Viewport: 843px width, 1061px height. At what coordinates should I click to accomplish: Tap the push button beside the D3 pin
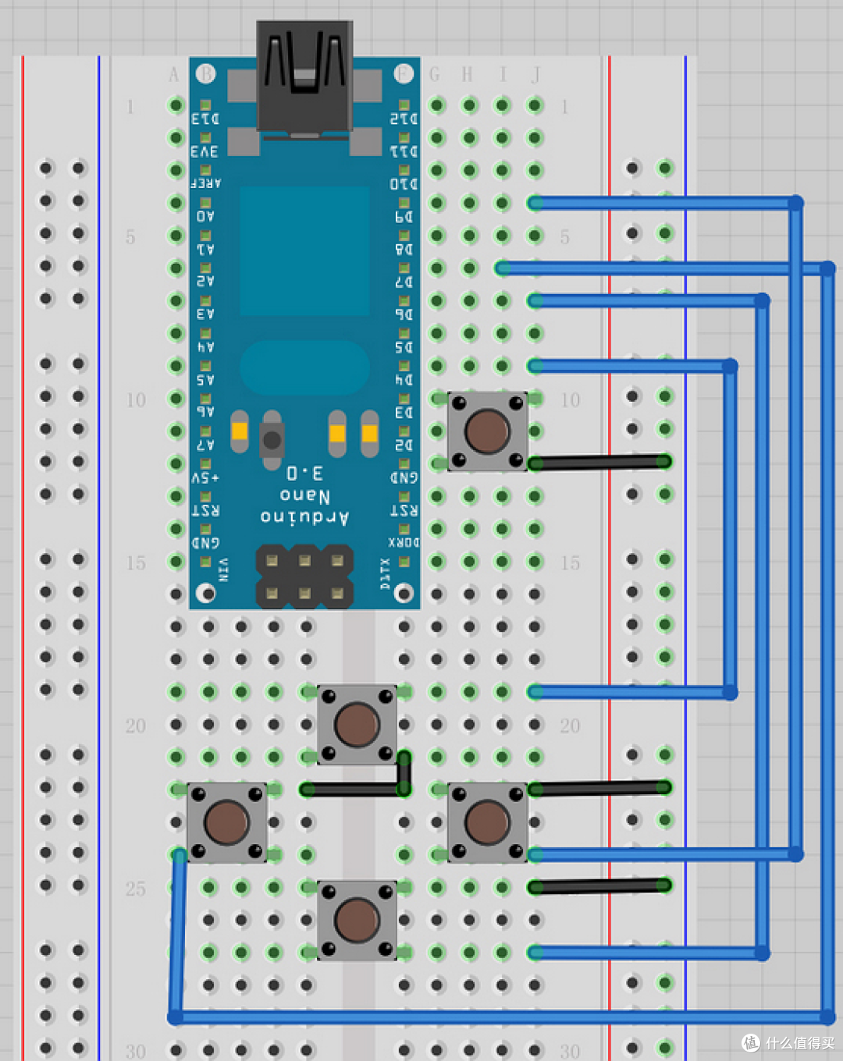coord(487,431)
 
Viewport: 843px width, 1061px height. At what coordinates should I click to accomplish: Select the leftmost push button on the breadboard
coord(226,822)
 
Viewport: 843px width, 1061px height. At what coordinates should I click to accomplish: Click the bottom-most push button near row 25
coord(357,920)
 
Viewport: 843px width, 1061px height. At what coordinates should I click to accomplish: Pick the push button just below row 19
coord(357,724)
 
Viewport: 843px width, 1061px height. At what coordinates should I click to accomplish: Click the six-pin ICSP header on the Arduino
coord(304,577)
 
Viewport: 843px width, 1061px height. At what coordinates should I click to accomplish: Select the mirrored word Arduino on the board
coord(304,516)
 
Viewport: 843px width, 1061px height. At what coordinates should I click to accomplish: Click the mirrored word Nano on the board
coord(304,495)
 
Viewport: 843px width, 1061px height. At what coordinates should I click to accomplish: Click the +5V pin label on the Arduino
coord(205,477)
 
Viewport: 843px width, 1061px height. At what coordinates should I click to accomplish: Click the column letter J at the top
coord(535,75)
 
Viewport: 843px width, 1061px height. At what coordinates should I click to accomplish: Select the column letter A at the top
coord(173,75)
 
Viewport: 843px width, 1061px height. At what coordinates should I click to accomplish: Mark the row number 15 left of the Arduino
coord(136,562)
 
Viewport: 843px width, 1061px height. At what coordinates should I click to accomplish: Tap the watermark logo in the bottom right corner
coord(751,1042)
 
